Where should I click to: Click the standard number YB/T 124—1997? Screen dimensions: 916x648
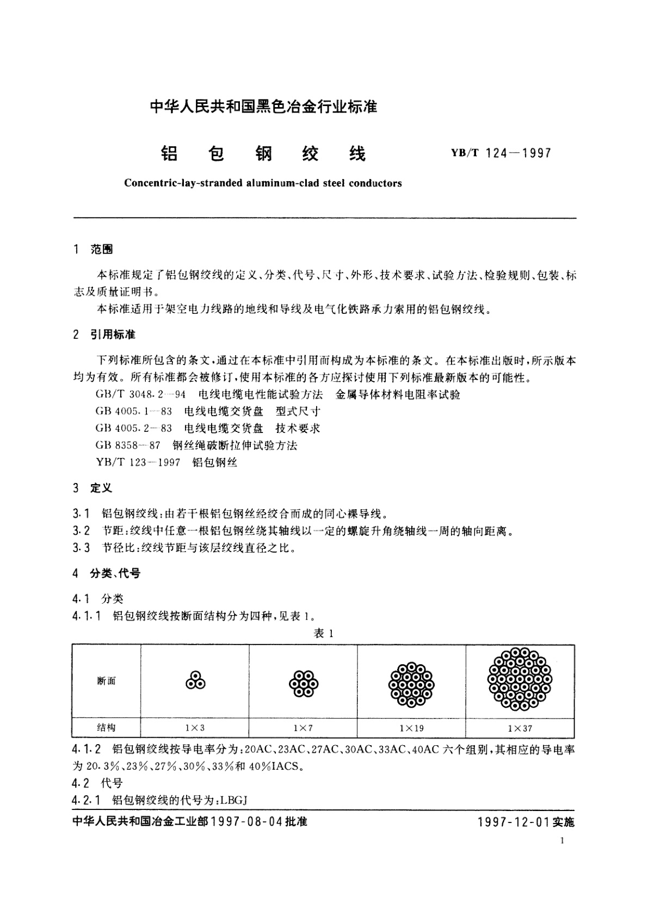[x=501, y=153]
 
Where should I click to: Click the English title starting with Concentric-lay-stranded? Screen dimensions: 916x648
[x=263, y=183]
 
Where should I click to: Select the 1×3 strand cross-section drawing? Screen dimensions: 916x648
[x=195, y=681]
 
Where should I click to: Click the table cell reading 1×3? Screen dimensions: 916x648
[x=195, y=728]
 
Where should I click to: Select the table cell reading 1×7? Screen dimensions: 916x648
[x=303, y=728]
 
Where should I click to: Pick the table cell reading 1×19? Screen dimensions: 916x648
[x=411, y=728]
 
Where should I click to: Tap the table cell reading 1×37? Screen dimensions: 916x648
[x=520, y=728]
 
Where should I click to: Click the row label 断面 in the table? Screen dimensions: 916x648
[x=106, y=681]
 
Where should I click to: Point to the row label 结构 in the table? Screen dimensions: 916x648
[x=106, y=728]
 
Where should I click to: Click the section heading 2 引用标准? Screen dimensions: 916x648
[x=104, y=335]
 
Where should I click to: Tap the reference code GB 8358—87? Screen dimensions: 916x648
[x=128, y=445]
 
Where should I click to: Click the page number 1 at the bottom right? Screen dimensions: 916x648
[x=562, y=841]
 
